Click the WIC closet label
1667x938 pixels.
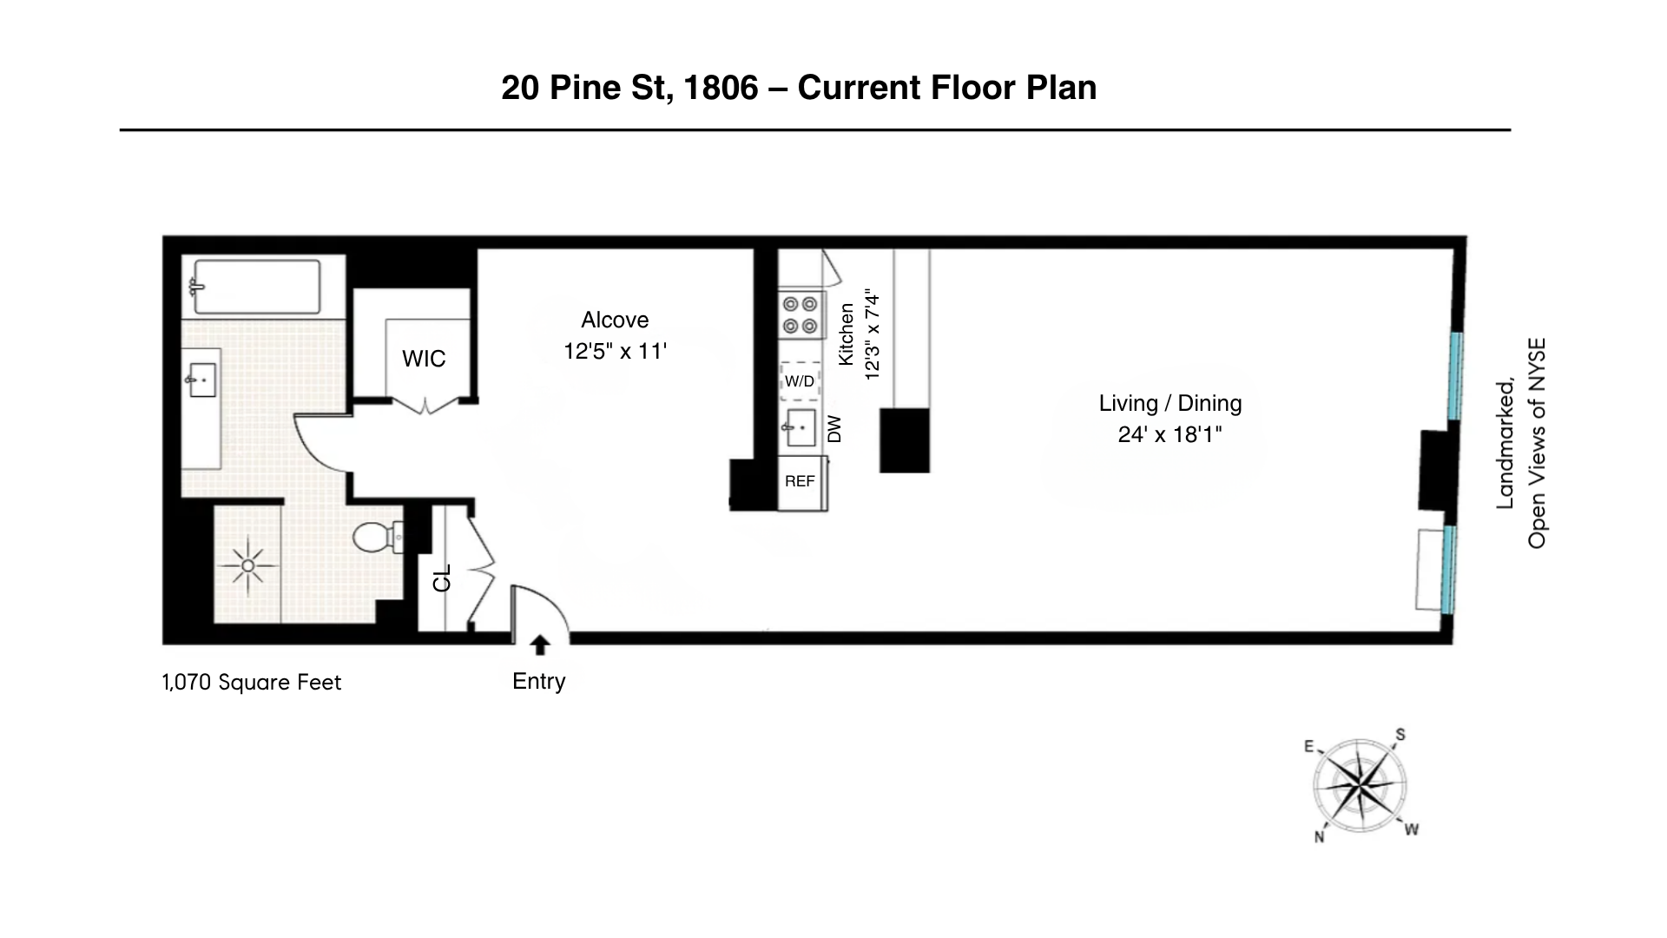[x=424, y=359]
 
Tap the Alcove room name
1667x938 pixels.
[x=615, y=320]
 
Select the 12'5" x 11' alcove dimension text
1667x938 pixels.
[x=615, y=351]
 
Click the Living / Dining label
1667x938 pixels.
[x=1170, y=403]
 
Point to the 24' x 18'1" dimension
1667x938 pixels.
[x=1170, y=434]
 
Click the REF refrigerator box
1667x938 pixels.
[x=800, y=481]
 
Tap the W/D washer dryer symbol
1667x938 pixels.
[x=800, y=381]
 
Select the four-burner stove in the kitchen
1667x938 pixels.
[x=800, y=314]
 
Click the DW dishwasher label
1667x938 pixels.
[x=834, y=429]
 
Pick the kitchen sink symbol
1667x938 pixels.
[x=800, y=427]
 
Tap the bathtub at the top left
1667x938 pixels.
[x=256, y=286]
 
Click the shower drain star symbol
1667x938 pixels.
[x=248, y=565]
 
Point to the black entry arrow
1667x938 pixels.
[x=539, y=644]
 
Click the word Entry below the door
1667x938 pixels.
[x=538, y=681]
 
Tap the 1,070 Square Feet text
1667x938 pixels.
[x=252, y=682]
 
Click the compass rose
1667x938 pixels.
[x=1360, y=786]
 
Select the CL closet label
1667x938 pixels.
[x=442, y=578]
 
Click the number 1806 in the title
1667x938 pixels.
[x=721, y=88]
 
